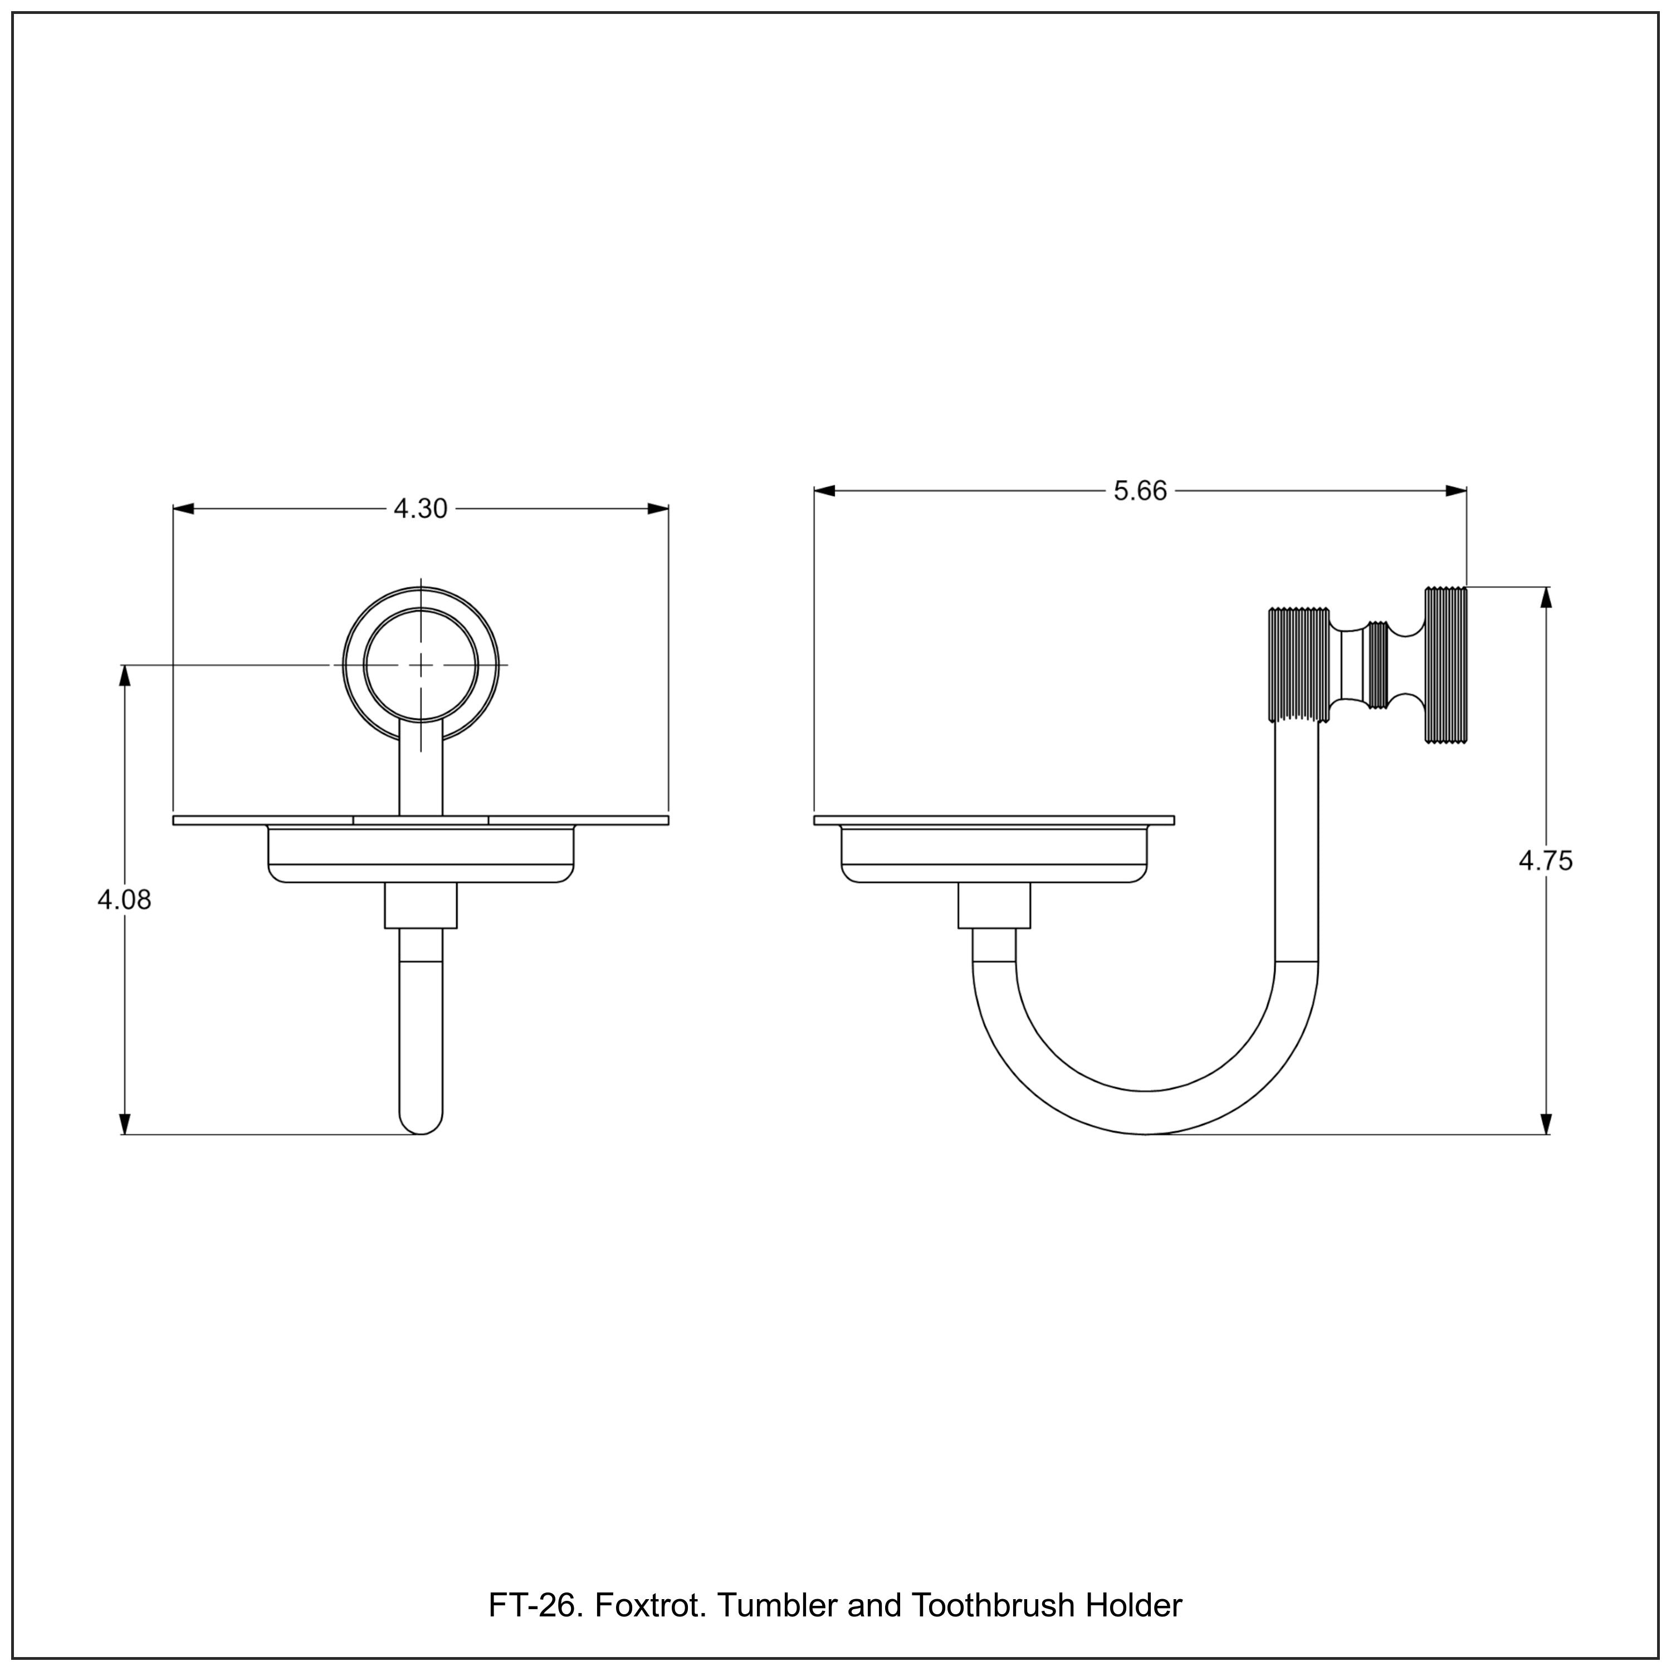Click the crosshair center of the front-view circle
pyautogui.click(x=421, y=665)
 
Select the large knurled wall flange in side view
pyautogui.click(x=1446, y=665)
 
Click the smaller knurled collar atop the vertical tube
pyautogui.click(x=1298, y=665)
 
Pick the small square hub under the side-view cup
pyautogui.click(x=994, y=906)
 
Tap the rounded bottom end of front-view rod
pyautogui.click(x=421, y=1125)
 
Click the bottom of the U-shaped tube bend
pyautogui.click(x=1145, y=1112)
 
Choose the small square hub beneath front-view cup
pyautogui.click(x=421, y=906)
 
